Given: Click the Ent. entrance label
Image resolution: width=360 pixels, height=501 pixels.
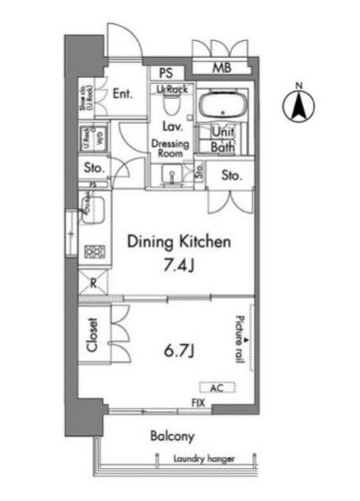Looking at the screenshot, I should pyautogui.click(x=122, y=93).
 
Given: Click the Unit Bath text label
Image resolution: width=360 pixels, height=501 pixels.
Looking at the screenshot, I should pyautogui.click(x=222, y=139).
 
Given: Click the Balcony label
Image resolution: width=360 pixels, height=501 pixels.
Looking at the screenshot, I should pyautogui.click(x=172, y=437).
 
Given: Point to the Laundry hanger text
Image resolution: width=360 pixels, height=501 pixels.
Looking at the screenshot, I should pyautogui.click(x=204, y=459).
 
